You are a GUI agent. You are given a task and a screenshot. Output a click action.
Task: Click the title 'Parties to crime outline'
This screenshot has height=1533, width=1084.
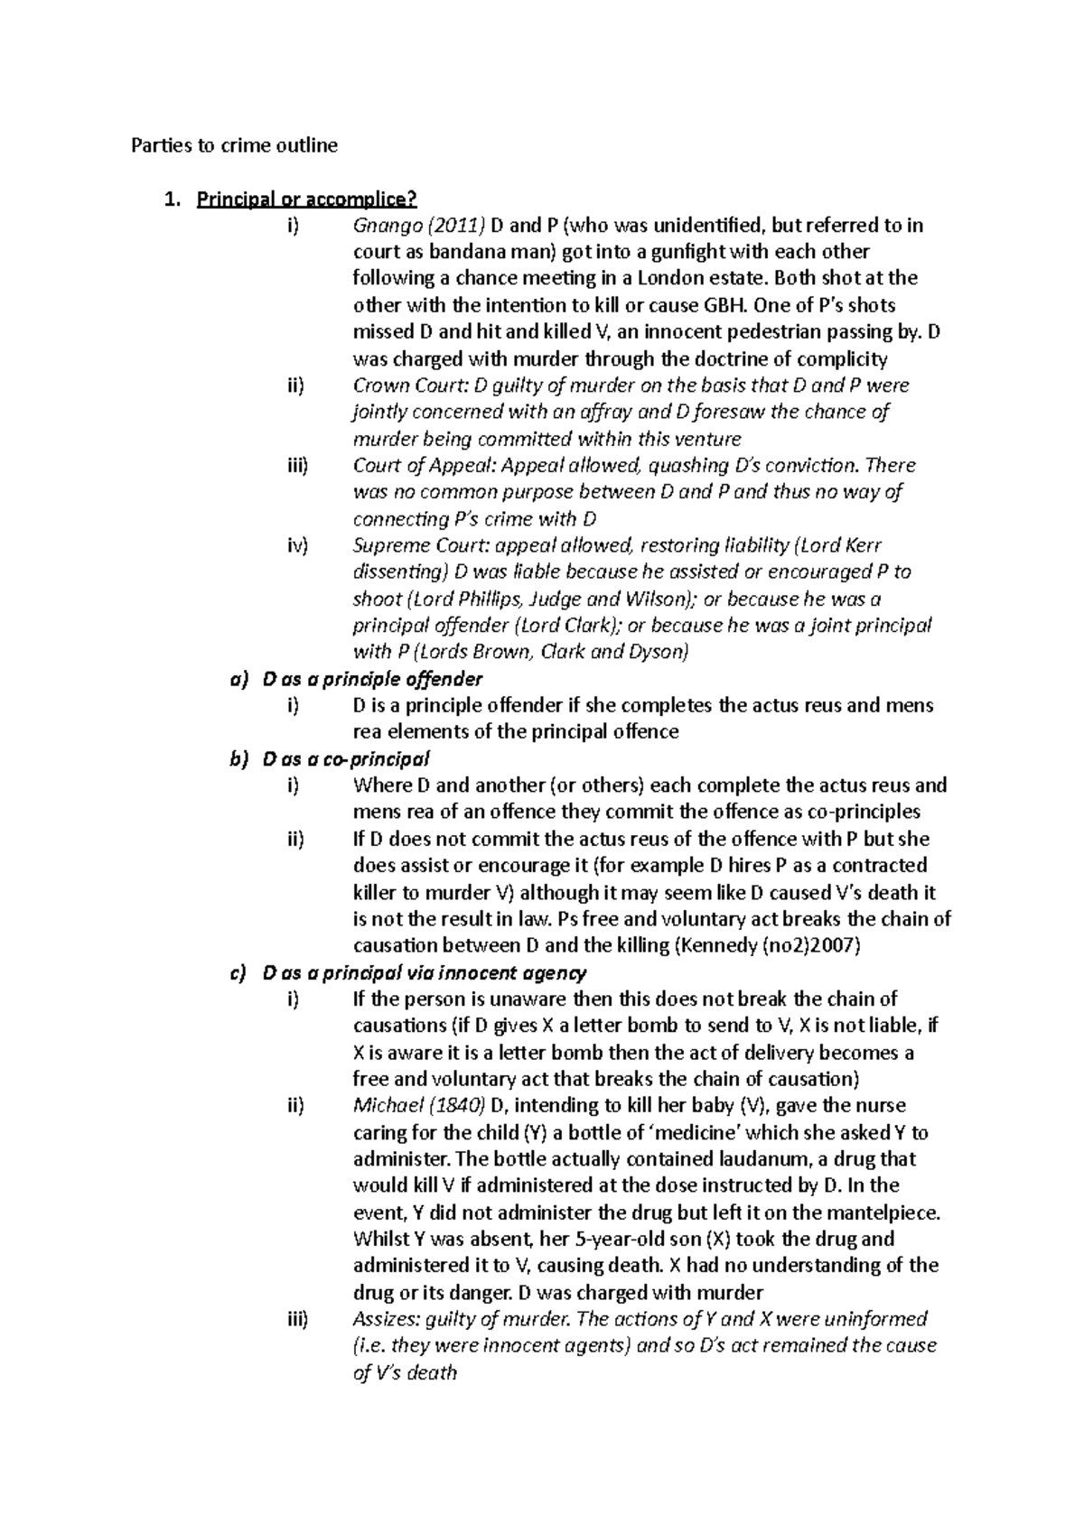tap(235, 145)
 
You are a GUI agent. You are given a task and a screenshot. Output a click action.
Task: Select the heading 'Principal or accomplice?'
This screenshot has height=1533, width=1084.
tap(307, 199)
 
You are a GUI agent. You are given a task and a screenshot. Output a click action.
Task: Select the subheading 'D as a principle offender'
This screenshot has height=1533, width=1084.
tap(371, 679)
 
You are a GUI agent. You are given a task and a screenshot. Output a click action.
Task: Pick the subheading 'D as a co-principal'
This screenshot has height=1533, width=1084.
tap(346, 758)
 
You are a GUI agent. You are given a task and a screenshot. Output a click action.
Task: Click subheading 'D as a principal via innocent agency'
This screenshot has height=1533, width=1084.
tap(424, 973)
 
